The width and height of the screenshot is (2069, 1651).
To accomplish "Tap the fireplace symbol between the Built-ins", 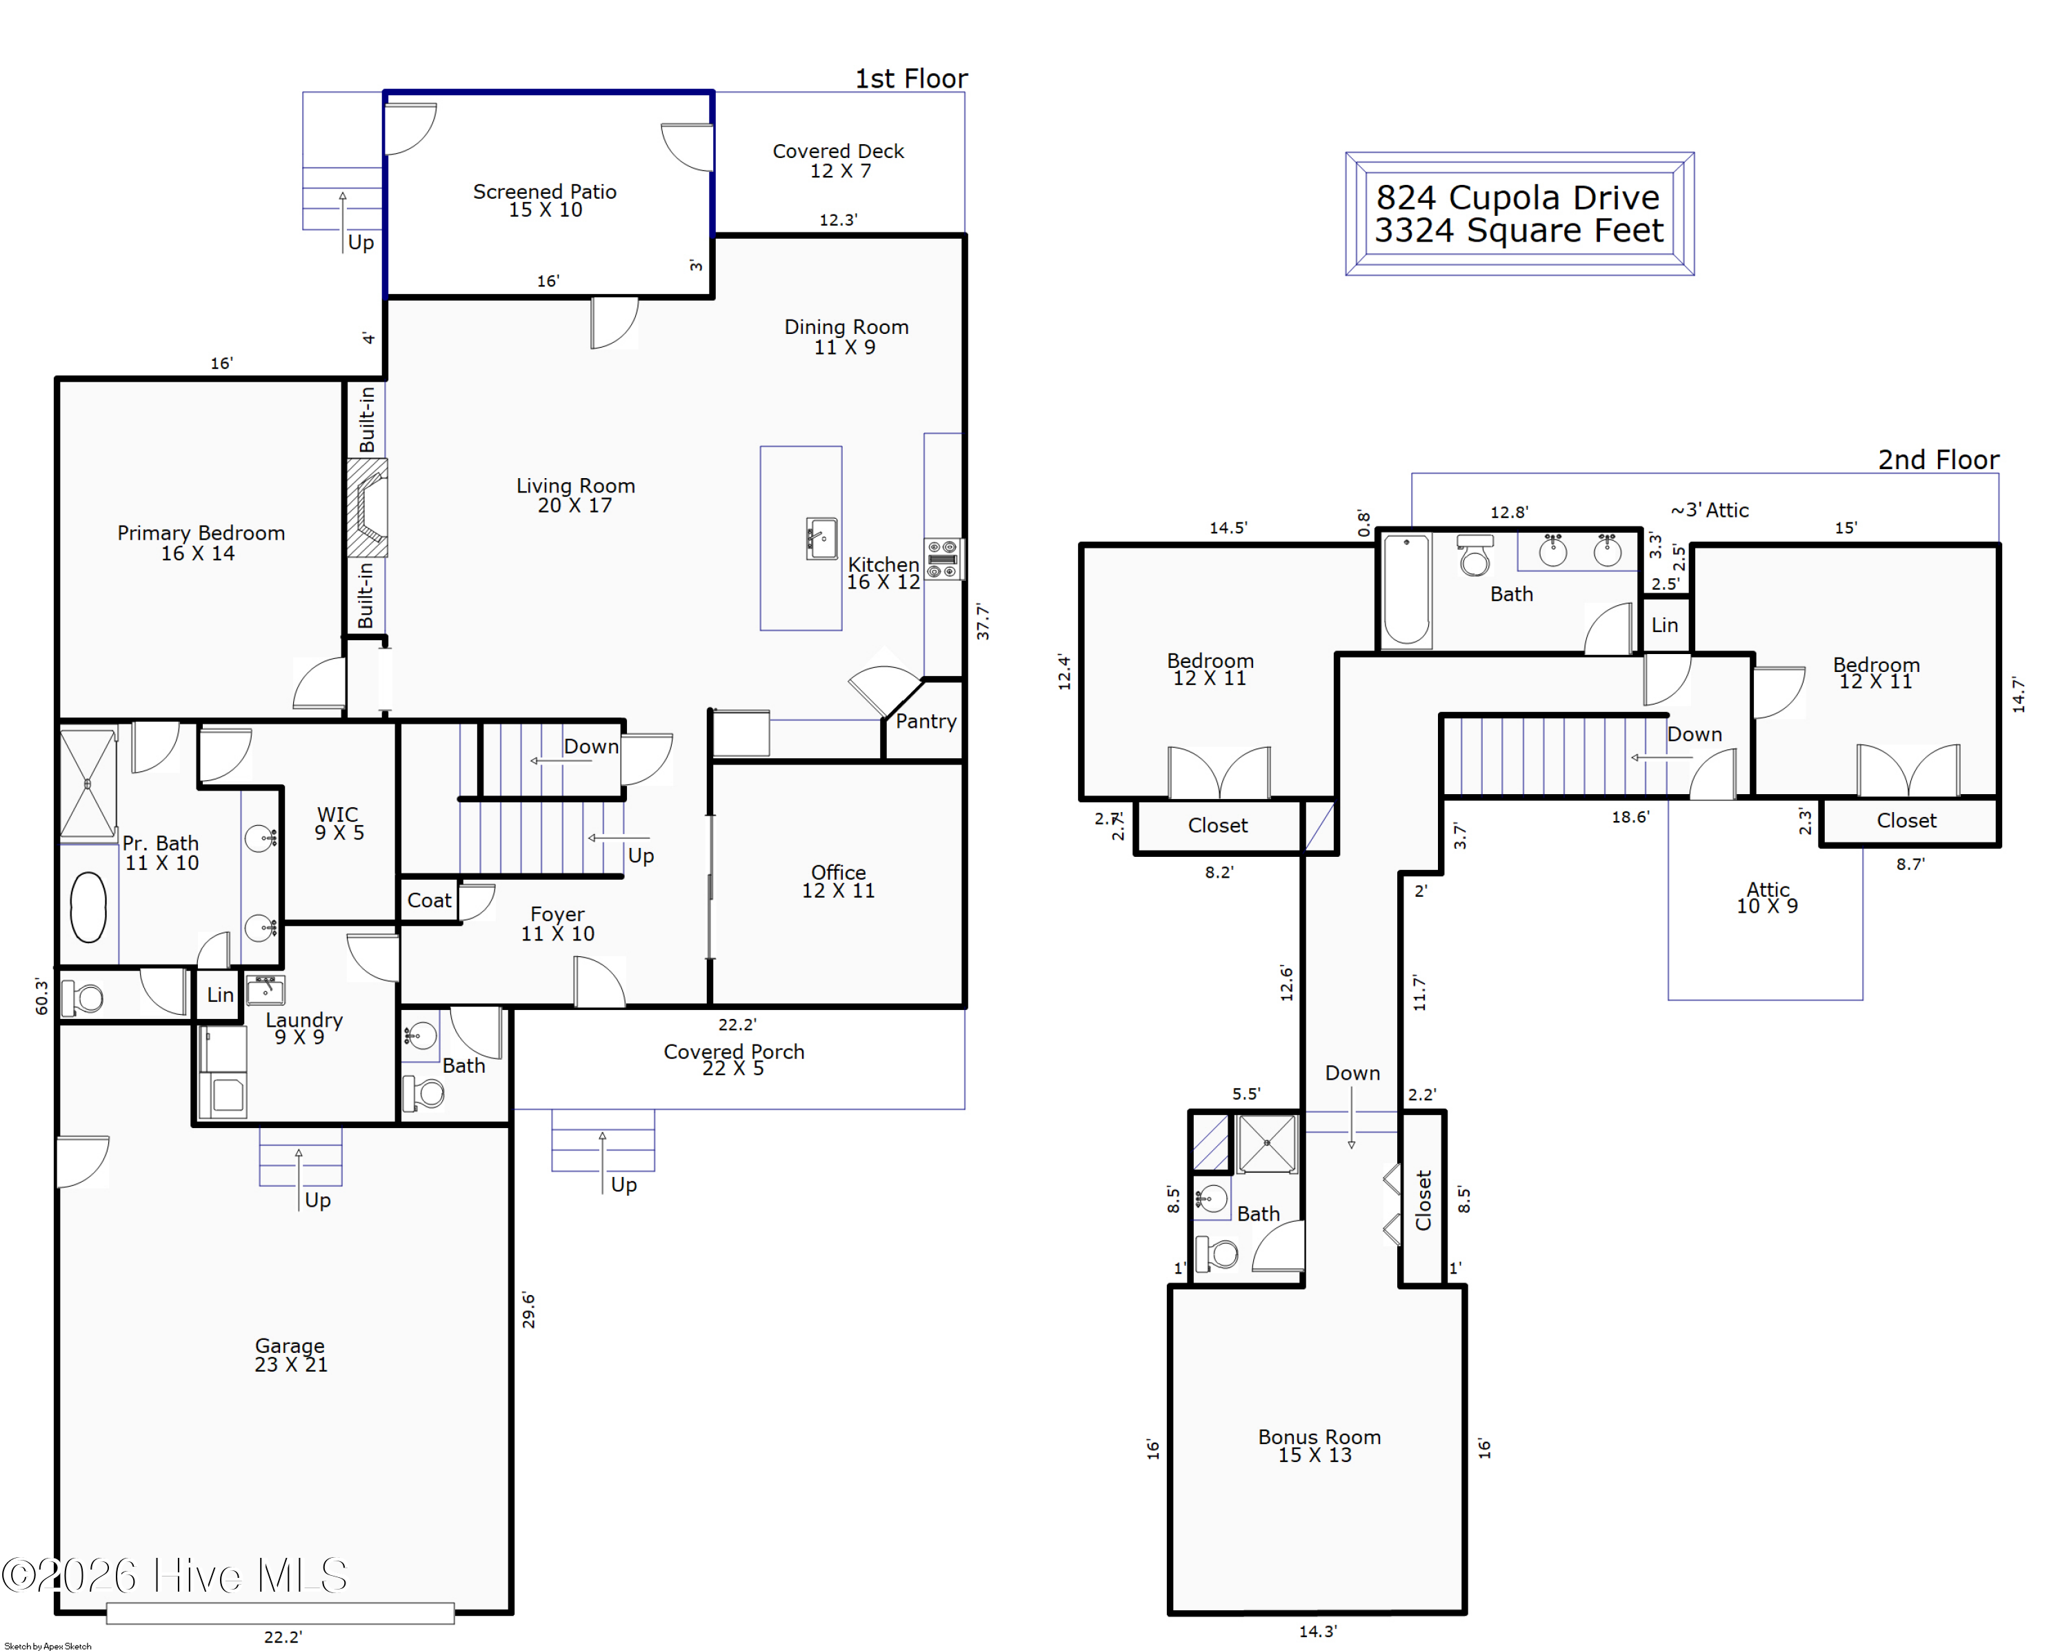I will point(368,508).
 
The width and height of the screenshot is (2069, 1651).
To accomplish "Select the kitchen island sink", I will point(821,539).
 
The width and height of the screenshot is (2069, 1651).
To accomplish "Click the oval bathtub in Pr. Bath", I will point(88,906).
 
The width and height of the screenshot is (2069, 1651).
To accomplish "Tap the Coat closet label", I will point(428,900).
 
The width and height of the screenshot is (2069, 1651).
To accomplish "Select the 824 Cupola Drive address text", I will point(1517,198).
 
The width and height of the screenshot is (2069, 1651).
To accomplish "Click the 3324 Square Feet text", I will point(1518,230).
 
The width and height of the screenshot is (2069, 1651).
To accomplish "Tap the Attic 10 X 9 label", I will point(1767,898).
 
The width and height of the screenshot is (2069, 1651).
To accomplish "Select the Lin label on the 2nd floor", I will point(1664,625).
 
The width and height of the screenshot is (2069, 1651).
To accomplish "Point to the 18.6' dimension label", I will point(1630,817).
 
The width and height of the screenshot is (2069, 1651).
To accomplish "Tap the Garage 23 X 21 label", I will point(290,1354).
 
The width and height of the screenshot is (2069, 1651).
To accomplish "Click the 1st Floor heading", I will point(911,79).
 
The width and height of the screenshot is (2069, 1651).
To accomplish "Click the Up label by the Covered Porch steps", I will point(623,1185).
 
